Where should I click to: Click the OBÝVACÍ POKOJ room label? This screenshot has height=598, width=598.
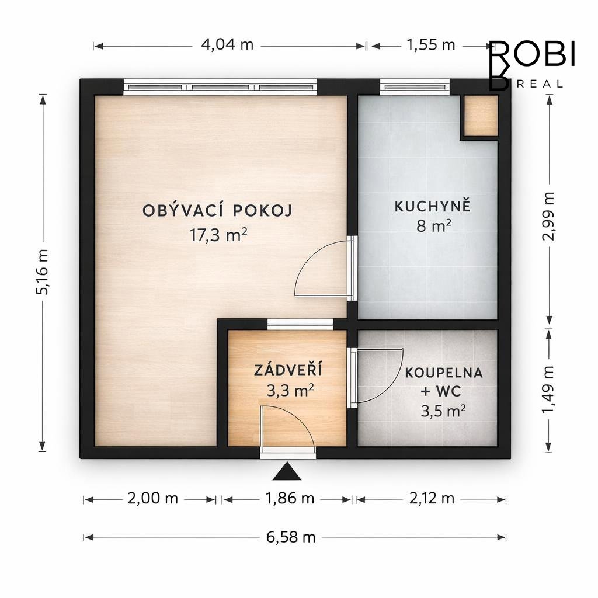(x=217, y=210)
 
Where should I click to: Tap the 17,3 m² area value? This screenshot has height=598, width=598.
(x=218, y=235)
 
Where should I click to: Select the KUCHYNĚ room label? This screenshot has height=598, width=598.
(x=433, y=206)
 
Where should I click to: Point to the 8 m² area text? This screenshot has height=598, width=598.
(x=434, y=226)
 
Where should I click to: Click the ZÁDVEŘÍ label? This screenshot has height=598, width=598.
(x=288, y=370)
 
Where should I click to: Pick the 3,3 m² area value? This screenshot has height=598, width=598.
(x=290, y=391)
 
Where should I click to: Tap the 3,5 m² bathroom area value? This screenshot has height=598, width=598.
(x=443, y=411)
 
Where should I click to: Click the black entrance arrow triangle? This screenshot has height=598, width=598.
(x=287, y=471)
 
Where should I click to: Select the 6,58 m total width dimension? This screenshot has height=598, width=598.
(x=291, y=537)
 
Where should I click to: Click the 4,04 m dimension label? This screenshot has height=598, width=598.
(x=227, y=45)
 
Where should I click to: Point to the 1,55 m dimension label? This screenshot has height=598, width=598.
(x=431, y=45)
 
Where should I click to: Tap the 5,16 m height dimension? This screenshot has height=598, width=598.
(x=42, y=272)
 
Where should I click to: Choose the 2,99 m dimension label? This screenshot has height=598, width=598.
(x=548, y=216)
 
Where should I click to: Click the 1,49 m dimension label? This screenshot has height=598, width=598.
(x=548, y=390)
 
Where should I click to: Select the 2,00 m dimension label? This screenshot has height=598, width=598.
(x=152, y=499)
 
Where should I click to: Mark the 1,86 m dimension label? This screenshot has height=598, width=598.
(x=290, y=499)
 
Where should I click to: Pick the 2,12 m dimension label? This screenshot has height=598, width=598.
(x=432, y=499)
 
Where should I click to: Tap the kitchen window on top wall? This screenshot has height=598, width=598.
(x=415, y=87)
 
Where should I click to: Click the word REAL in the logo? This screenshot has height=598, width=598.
(x=540, y=84)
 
